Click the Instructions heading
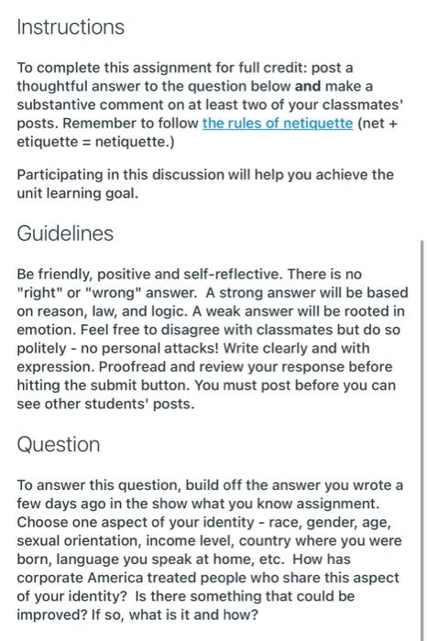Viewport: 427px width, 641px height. point(71,27)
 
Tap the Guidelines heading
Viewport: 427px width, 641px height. point(66,234)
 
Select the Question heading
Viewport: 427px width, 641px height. point(60,444)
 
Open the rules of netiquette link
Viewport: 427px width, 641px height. point(277,124)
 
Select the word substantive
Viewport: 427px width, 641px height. point(60,106)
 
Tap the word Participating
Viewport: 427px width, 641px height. point(62,174)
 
